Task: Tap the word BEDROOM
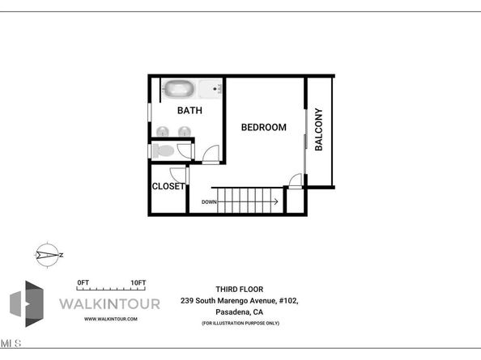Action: click(x=264, y=127)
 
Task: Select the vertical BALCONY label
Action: click(x=319, y=129)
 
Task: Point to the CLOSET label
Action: click(x=168, y=186)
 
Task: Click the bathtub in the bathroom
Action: click(x=179, y=87)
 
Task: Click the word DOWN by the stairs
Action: click(x=209, y=201)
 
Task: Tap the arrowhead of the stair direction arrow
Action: click(x=277, y=201)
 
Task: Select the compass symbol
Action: click(x=48, y=255)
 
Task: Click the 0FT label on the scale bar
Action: click(x=82, y=282)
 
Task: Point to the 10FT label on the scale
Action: click(x=138, y=282)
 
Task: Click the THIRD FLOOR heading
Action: click(x=239, y=289)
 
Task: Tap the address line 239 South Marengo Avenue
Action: click(x=239, y=300)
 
